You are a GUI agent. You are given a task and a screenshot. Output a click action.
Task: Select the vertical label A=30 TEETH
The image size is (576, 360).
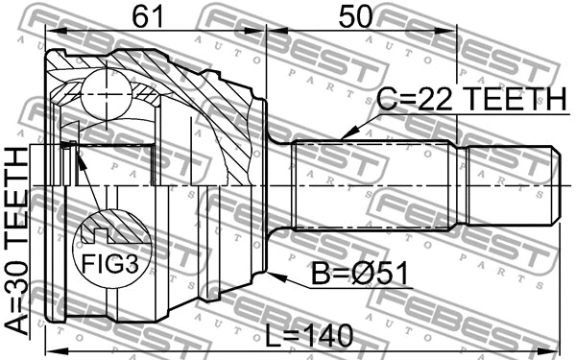[x=18, y=240]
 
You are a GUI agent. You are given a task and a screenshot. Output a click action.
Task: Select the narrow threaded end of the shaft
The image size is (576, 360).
[x=508, y=183]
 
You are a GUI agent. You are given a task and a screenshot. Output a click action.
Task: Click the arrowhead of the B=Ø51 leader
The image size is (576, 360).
[x=273, y=276]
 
